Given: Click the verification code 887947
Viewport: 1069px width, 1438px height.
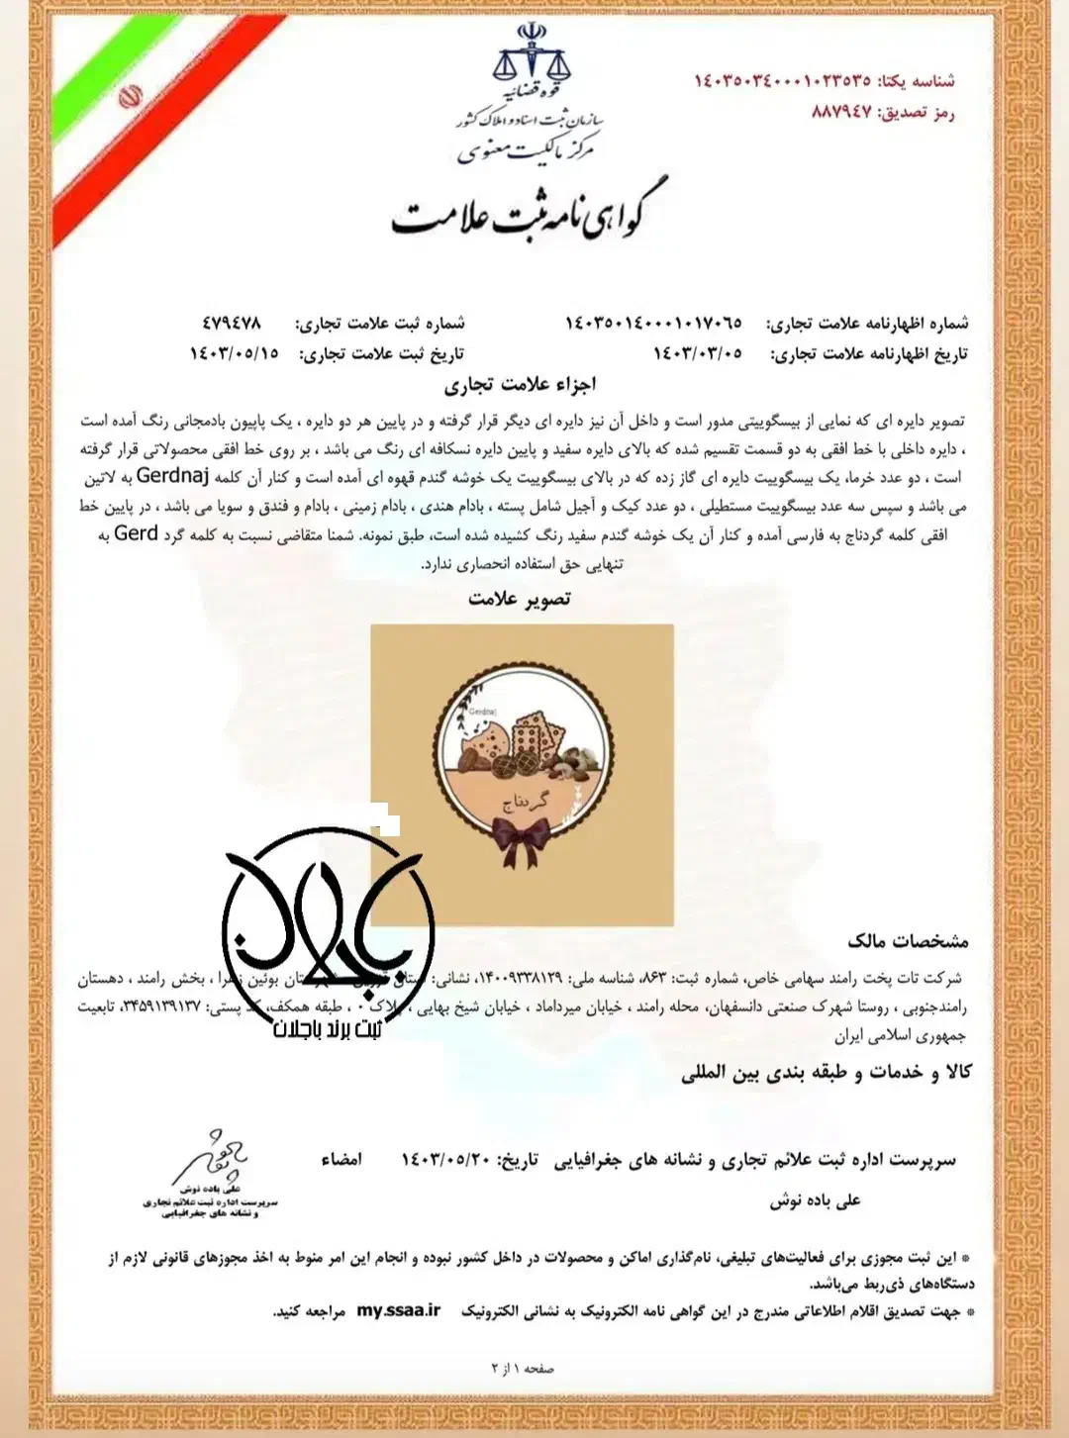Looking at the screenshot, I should point(841,112).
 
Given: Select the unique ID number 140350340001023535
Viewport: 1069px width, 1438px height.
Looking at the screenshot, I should point(782,80).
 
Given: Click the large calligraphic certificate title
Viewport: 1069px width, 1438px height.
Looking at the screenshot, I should point(531,211).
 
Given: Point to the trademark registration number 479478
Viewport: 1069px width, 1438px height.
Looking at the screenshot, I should point(231,323).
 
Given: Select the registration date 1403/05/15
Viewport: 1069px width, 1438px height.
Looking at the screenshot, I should point(234,353).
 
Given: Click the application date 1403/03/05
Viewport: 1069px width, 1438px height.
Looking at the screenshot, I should point(697,353).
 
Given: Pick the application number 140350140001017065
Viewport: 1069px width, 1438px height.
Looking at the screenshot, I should point(653,323).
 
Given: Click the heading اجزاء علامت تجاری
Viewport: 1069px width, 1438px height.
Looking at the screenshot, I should point(520,384).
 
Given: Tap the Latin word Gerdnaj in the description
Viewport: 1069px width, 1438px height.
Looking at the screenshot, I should point(172,476).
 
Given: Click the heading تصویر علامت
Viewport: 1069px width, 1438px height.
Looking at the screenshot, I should point(520,599).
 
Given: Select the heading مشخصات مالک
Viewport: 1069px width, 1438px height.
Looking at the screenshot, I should point(908,940).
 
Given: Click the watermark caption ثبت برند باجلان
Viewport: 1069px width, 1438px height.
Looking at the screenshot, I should point(328,1029).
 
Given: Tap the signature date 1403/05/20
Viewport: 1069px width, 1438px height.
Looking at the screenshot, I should point(445,1159).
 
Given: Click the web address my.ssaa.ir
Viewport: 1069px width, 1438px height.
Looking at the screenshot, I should point(399,1310).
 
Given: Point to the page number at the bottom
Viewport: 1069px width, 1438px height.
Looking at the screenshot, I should point(523,1368).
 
